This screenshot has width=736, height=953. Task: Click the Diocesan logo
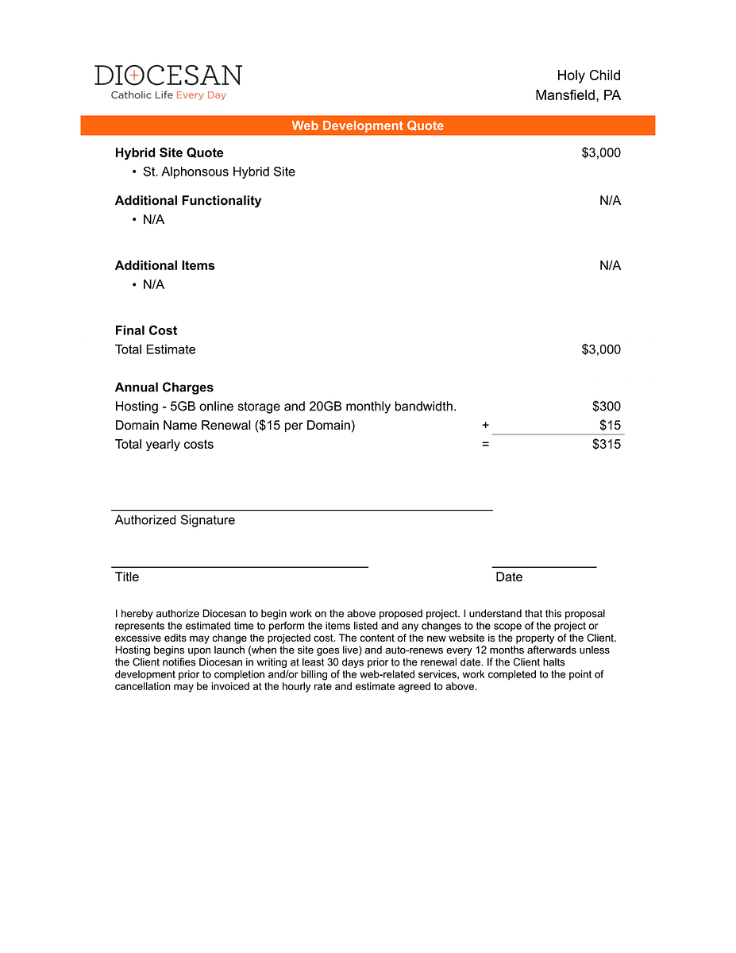[168, 82]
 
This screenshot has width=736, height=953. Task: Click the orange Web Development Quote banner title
[368, 125]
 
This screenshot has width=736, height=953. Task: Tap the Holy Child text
[588, 75]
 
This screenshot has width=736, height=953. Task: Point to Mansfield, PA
[578, 95]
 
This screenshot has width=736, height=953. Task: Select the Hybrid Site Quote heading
[169, 152]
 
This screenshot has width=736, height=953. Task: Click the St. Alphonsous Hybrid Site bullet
[218, 172]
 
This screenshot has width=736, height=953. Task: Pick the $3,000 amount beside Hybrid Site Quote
[601, 152]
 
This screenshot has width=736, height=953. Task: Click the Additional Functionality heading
[188, 200]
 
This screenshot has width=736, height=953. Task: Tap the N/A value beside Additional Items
[610, 265]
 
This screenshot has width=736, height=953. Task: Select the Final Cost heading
[146, 330]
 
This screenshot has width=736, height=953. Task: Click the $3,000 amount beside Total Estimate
[601, 349]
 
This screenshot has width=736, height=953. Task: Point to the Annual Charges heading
[164, 388]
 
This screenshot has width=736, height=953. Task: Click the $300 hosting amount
[607, 407]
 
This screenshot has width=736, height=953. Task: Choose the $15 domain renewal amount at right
[610, 425]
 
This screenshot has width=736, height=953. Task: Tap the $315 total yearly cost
[607, 444]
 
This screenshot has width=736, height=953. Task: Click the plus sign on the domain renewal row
[485, 426]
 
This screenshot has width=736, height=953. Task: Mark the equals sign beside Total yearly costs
[485, 445]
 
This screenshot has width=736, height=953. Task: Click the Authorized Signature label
[175, 520]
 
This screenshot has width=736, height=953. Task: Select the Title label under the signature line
[127, 577]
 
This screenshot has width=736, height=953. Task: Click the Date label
[509, 577]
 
